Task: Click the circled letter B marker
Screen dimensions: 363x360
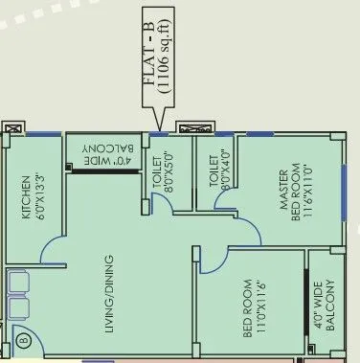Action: [x=23, y=340]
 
